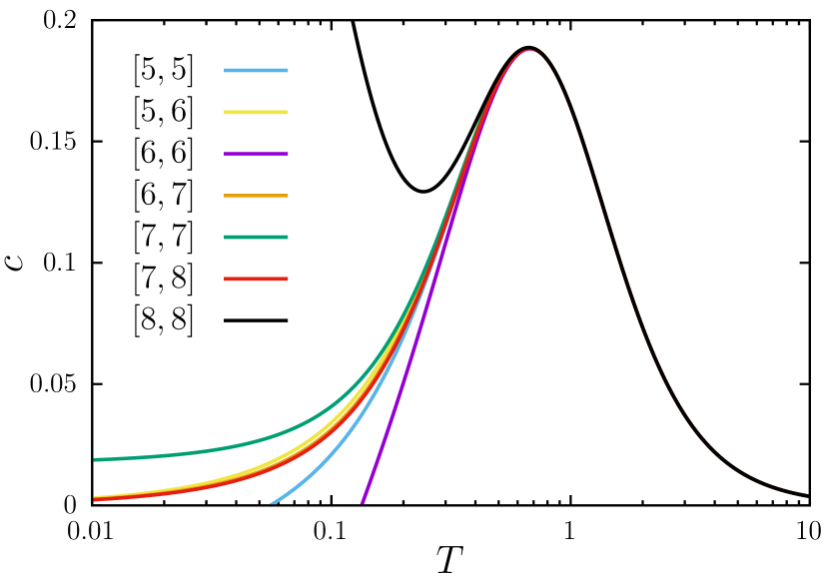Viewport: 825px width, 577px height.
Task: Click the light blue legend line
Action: [x=256, y=71]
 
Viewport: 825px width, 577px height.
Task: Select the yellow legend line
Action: [x=256, y=113]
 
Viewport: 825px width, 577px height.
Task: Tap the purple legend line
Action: [x=256, y=154]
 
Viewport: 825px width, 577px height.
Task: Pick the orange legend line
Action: [x=256, y=196]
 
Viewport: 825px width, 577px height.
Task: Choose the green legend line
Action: [x=256, y=238]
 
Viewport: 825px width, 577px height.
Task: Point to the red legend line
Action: [x=256, y=280]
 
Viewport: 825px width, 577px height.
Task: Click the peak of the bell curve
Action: [x=529, y=48]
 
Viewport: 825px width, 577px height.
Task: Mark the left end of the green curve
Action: [x=95, y=459]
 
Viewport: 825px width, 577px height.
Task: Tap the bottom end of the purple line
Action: [x=362, y=503]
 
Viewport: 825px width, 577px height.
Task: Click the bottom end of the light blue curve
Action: [x=271, y=503]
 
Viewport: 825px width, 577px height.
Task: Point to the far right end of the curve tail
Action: [x=806, y=495]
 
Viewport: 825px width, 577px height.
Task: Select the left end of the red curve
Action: [x=95, y=500]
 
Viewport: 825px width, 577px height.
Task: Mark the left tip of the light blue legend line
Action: [x=225, y=71]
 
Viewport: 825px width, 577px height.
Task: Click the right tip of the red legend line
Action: [x=288, y=280]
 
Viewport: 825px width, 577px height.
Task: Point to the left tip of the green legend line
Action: [x=225, y=238]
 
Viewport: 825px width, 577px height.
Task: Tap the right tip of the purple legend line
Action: [x=288, y=154]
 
